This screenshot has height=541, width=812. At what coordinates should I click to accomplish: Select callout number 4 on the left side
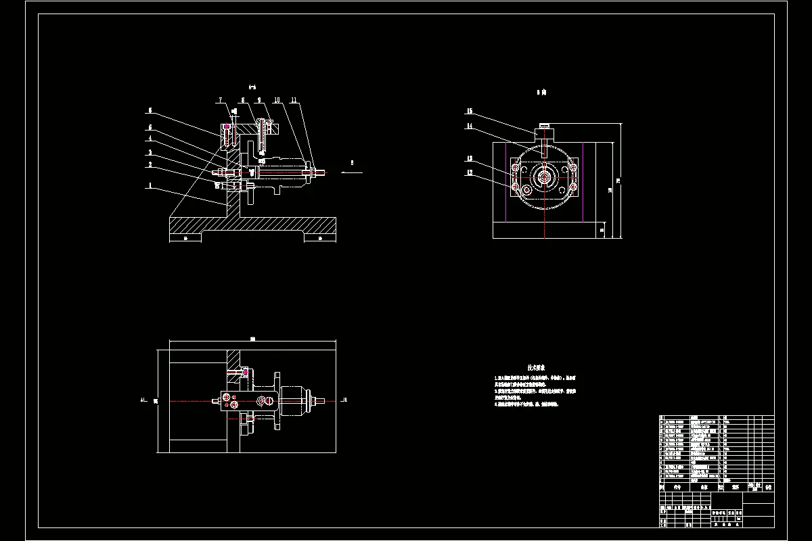(x=150, y=139)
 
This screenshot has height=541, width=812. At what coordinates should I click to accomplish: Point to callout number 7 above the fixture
(x=220, y=100)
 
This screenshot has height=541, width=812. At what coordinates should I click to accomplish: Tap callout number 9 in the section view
(x=258, y=100)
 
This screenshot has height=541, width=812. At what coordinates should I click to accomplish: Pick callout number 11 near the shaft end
(x=294, y=100)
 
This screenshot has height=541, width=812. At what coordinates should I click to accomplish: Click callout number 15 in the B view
(x=469, y=111)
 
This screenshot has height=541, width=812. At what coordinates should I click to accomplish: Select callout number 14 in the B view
(x=469, y=126)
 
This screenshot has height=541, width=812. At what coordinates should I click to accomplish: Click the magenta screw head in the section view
(x=226, y=126)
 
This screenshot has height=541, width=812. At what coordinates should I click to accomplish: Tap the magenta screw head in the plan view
(x=245, y=372)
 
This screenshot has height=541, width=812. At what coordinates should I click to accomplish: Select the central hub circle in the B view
(x=544, y=177)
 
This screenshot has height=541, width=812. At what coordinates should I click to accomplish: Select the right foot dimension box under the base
(x=319, y=238)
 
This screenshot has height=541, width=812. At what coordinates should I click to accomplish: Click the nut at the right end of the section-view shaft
(x=315, y=173)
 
